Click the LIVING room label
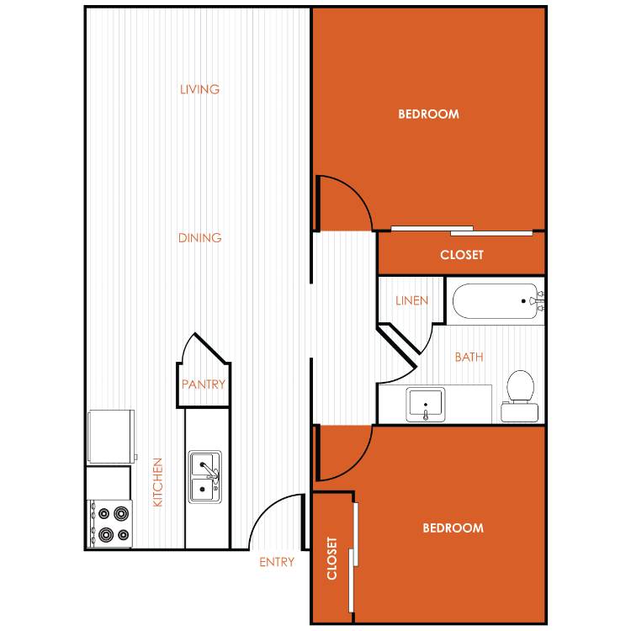coord(199,89)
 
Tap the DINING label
coord(200,238)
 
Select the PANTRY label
coord(204,384)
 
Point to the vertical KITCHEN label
coord(158,482)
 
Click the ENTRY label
coord(277,562)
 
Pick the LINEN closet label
coord(411,300)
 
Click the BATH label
coord(469,357)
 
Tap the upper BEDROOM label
coord(428,114)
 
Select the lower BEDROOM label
coord(453,528)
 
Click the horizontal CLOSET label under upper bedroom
coord(462,255)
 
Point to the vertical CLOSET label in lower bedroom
coord(331,558)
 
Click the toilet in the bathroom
coord(520,397)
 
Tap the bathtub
coord(498,301)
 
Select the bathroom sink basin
coord(426,405)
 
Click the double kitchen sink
coord(205,477)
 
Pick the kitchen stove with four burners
coord(110,524)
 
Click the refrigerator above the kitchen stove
coord(111,437)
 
